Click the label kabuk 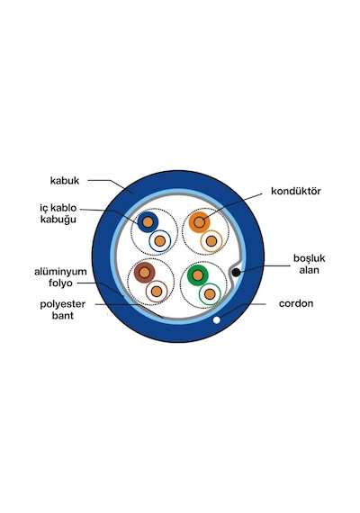65,181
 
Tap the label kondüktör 296,191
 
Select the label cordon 296,303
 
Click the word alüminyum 60,272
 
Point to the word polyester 62,304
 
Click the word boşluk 309,258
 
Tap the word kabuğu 58,220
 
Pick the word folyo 60,283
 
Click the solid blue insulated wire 148,222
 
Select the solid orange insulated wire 199,222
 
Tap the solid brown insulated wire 144,272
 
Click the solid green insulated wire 198,275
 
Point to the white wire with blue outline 159,241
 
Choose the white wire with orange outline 211,241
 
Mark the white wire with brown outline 157,292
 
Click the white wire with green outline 210,293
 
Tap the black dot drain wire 236,272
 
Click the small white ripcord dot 216,320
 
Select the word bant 62,316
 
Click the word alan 309,270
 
